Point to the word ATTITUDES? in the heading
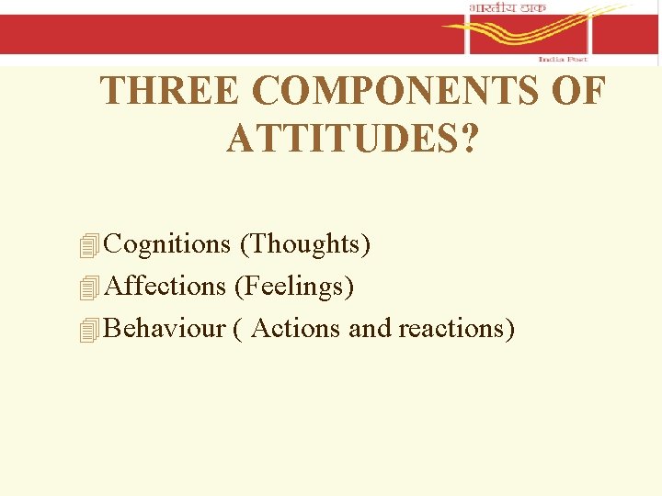352,139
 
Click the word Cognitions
167,244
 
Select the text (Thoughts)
304,244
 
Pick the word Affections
165,287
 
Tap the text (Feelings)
294,287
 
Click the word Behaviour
165,328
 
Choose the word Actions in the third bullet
296,328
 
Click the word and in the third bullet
370,328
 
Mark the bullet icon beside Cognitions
89,246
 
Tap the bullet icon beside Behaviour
89,330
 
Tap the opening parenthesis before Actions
238,329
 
